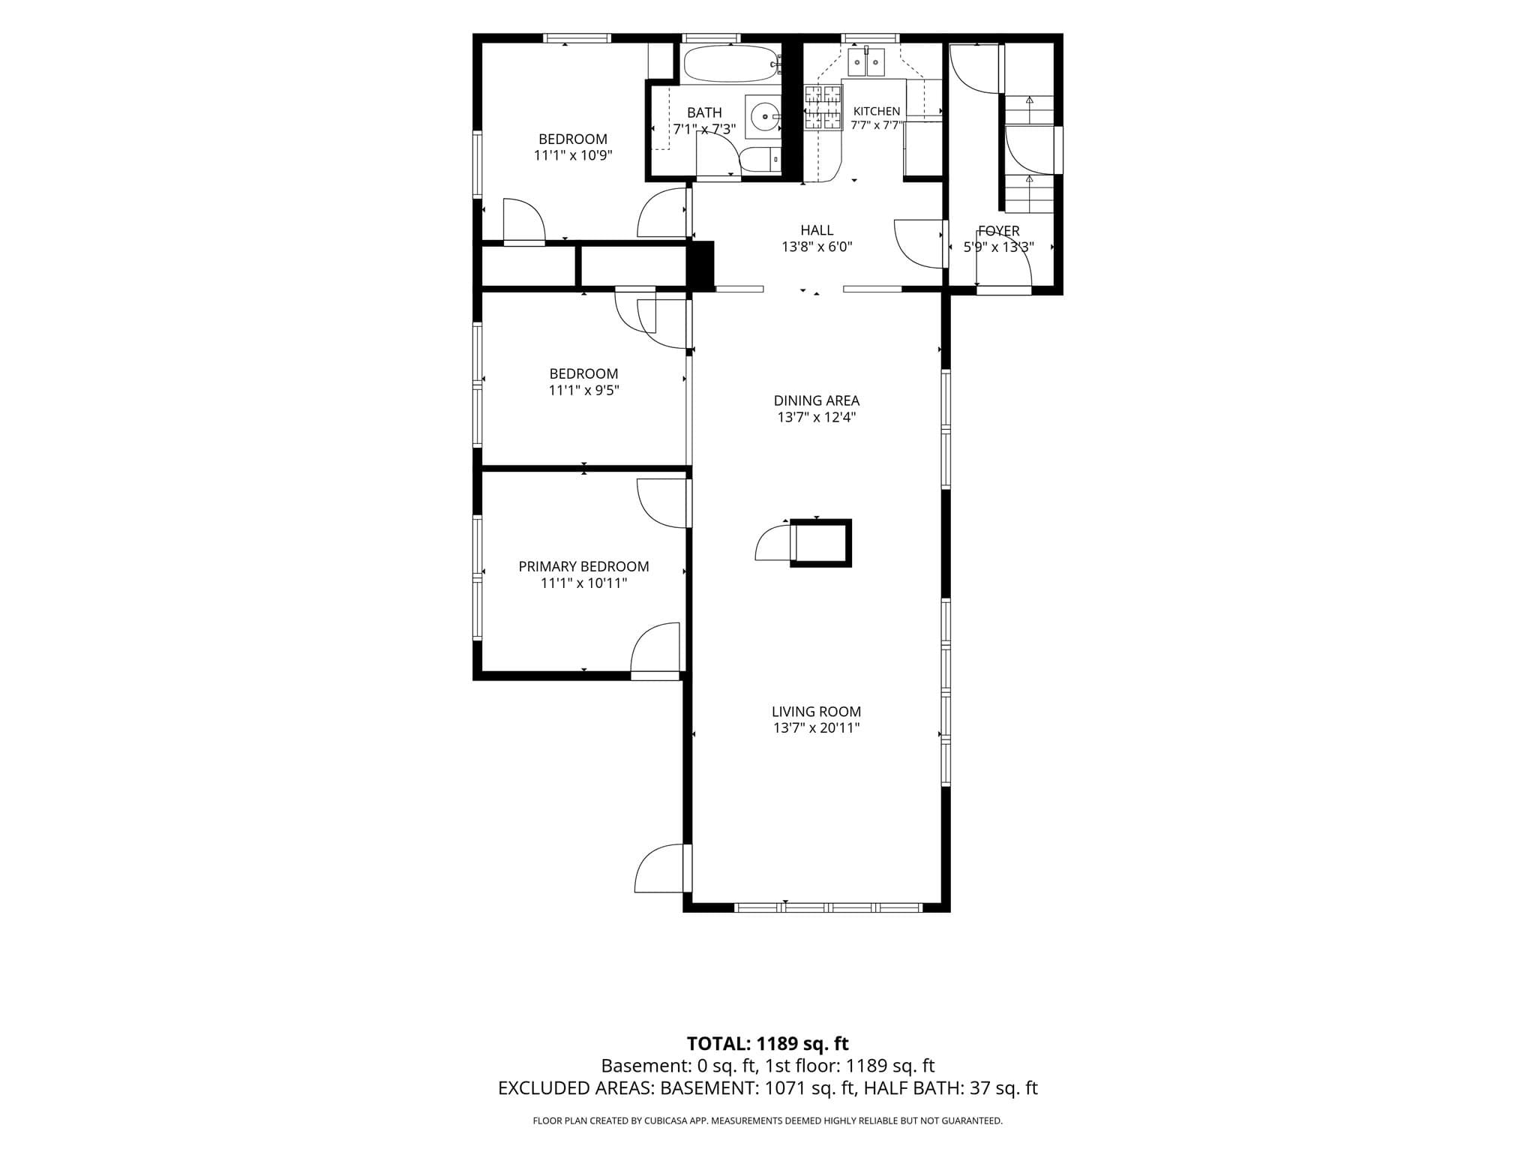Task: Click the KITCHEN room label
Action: pyautogui.click(x=876, y=111)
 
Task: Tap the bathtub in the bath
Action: pyautogui.click(x=731, y=65)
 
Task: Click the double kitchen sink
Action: pyautogui.click(x=867, y=62)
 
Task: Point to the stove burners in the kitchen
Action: pyautogui.click(x=823, y=108)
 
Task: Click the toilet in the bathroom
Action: pyautogui.click(x=760, y=160)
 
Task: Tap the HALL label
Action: pyautogui.click(x=817, y=230)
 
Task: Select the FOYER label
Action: pyautogui.click(x=998, y=231)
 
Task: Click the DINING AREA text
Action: pyautogui.click(x=817, y=400)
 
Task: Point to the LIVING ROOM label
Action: pyautogui.click(x=817, y=711)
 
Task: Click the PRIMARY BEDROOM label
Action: pyautogui.click(x=583, y=566)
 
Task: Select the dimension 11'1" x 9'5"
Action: pyautogui.click(x=583, y=390)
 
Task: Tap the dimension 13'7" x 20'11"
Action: pyautogui.click(x=817, y=727)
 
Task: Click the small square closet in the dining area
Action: pyautogui.click(x=821, y=543)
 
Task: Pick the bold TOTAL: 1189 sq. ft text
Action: pyautogui.click(x=768, y=1043)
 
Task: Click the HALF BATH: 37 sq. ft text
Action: pyautogui.click(x=951, y=1088)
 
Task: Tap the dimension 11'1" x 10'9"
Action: pyautogui.click(x=573, y=155)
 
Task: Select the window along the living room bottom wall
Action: pyautogui.click(x=828, y=907)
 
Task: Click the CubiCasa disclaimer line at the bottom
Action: pyautogui.click(x=768, y=1121)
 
